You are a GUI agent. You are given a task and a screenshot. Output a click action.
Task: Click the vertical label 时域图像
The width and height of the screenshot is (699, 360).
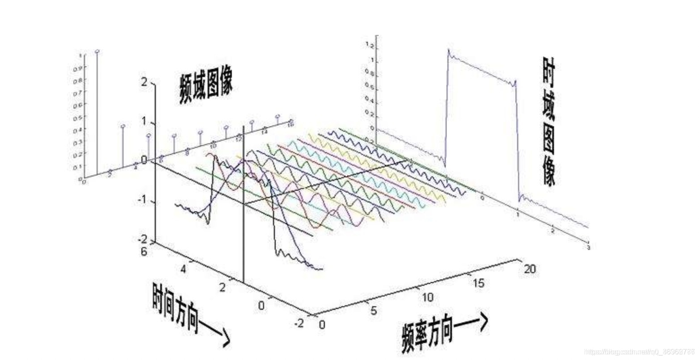click(x=549, y=121)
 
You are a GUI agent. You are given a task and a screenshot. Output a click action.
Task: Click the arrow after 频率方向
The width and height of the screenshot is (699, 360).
click(x=473, y=323)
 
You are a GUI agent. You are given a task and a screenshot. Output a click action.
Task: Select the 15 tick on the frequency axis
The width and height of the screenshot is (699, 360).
click(x=478, y=283)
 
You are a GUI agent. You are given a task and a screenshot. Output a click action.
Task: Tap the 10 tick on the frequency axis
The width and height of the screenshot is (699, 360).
click(x=427, y=297)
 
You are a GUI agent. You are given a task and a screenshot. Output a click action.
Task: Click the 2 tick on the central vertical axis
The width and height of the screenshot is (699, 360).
click(x=144, y=82)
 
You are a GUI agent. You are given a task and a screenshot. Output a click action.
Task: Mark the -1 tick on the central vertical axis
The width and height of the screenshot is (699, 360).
click(x=142, y=201)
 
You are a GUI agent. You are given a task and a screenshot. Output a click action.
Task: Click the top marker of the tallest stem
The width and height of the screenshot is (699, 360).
click(x=97, y=52)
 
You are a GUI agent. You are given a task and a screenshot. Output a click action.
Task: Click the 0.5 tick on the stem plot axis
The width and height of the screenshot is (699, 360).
click(x=81, y=117)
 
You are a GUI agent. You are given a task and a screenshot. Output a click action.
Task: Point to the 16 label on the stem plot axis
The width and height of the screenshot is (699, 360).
click(x=290, y=123)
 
